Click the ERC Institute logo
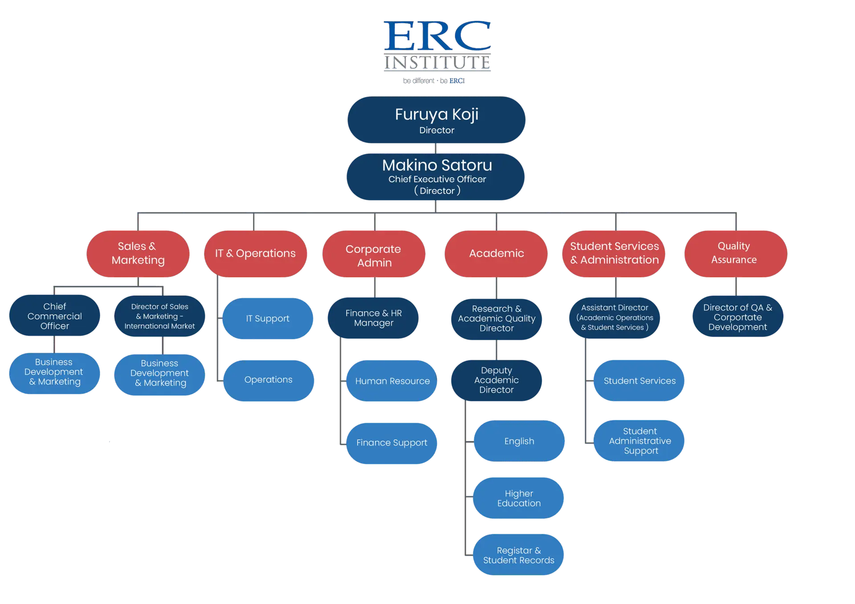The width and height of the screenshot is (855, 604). [x=437, y=50]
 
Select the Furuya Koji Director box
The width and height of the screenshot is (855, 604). [x=436, y=120]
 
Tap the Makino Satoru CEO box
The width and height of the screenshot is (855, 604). [x=436, y=177]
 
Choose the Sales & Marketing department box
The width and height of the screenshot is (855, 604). [x=138, y=254]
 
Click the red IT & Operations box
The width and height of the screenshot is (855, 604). [x=255, y=254]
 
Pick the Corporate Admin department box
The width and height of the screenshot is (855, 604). [x=374, y=255]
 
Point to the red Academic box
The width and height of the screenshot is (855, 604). [x=496, y=254]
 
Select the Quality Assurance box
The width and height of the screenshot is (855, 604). [x=735, y=253]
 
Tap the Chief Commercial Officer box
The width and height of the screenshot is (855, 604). [x=54, y=316]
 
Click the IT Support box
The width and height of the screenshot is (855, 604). [x=268, y=318]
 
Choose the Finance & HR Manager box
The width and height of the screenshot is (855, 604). [x=373, y=318]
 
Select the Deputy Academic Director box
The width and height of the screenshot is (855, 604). [x=496, y=380]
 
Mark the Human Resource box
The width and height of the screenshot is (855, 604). [x=392, y=381]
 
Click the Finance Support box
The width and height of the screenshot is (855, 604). [x=391, y=443]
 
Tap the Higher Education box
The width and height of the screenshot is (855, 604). [x=519, y=498]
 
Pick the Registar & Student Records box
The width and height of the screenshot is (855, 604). [x=518, y=555]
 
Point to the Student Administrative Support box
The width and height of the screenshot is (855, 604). [x=639, y=441]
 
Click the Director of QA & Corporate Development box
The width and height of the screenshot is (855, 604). [x=737, y=317]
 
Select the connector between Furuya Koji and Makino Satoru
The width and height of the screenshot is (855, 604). [x=435, y=149]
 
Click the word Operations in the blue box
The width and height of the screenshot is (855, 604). [x=269, y=380]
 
